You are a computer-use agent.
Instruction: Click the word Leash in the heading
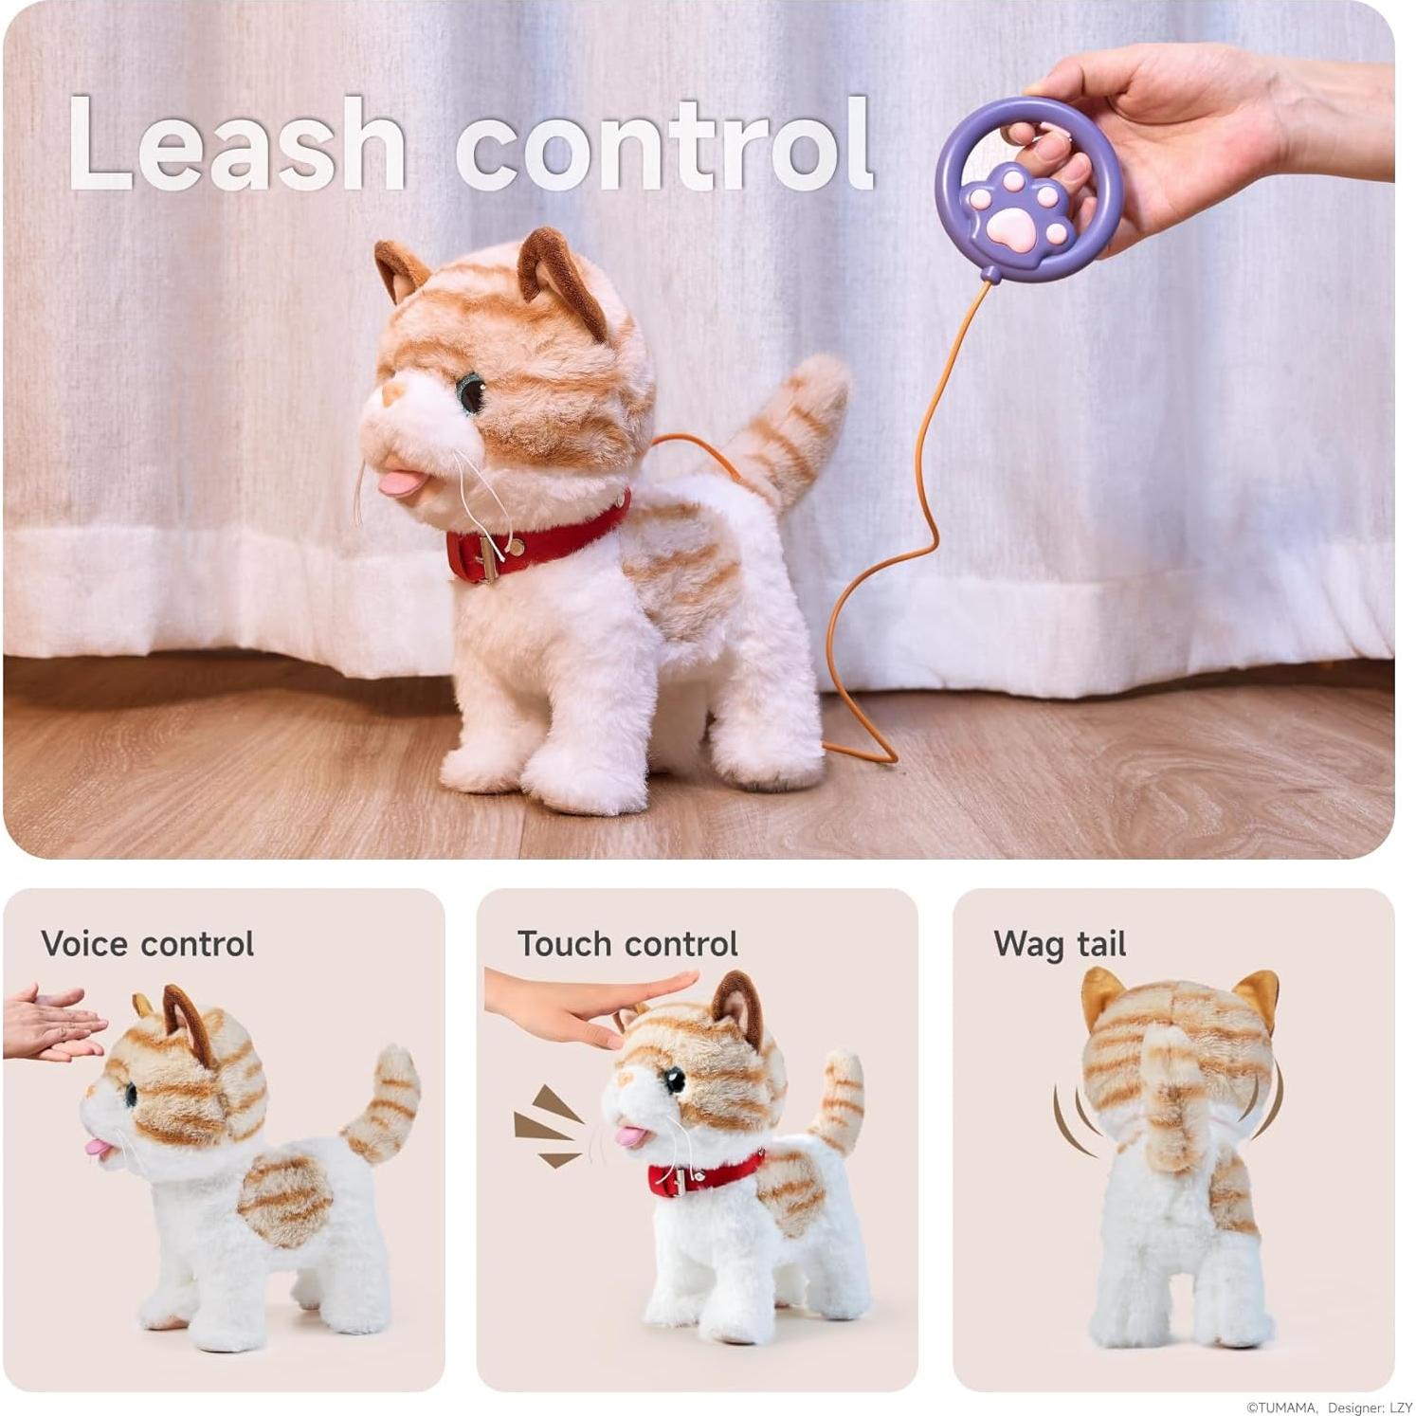(237, 144)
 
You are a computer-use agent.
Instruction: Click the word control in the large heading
(663, 144)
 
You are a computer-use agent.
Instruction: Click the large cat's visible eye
(470, 392)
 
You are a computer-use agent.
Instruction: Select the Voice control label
(147, 944)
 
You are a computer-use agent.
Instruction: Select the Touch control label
(626, 944)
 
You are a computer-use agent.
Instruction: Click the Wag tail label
(1059, 944)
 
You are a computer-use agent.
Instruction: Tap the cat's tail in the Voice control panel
(384, 1104)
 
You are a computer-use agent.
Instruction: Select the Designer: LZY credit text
(1370, 1407)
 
